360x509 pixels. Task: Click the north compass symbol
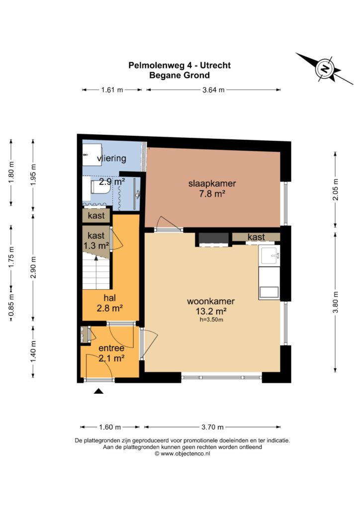tap(324, 69)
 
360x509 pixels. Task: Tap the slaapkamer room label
tap(212, 183)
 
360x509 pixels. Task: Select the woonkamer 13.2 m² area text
tap(211, 311)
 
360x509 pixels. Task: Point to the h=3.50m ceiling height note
tap(211, 320)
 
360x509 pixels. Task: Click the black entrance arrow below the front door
tap(98, 391)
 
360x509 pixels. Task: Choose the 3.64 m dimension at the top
tap(213, 90)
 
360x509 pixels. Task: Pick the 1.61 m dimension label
tap(112, 90)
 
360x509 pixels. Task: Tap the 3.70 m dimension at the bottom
tap(212, 427)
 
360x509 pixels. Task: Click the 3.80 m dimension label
tap(335, 302)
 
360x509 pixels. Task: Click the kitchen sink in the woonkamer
tap(269, 255)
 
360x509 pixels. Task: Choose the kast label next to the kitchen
tap(256, 237)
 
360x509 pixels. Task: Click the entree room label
tap(111, 348)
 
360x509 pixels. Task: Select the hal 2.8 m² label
tap(110, 303)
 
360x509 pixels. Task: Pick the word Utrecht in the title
tap(215, 65)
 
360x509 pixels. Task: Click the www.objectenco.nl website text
tap(185, 453)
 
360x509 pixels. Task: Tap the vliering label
tap(111, 159)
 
